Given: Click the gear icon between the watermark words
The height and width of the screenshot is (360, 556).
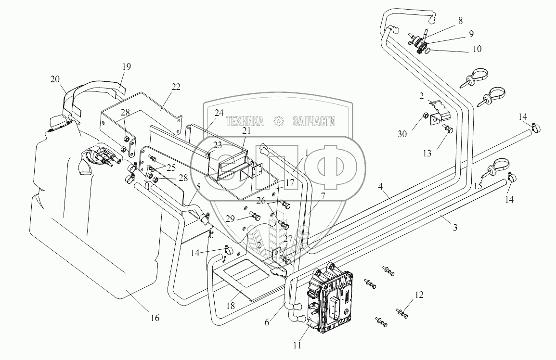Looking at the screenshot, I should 278,122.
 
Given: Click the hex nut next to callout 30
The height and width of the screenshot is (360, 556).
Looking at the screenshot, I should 426,116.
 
